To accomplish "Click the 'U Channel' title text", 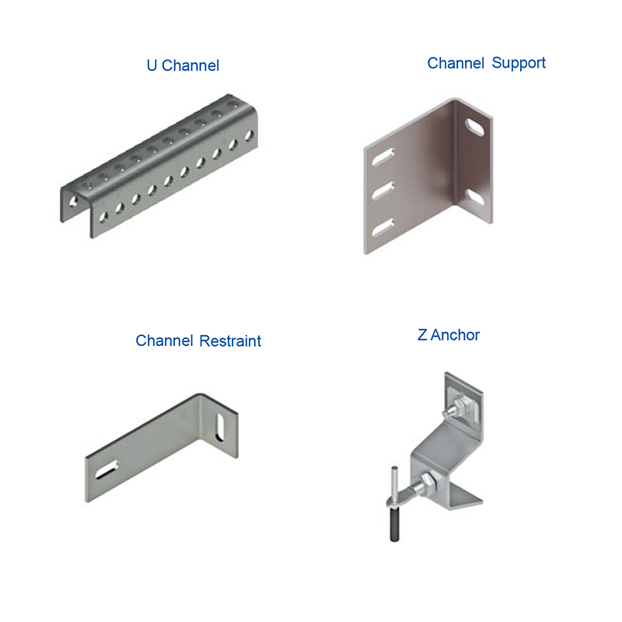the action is coord(183,65).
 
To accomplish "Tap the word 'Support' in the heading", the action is coord(519,63).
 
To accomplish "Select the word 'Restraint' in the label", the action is coord(230,341).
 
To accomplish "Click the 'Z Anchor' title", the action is coord(449,335).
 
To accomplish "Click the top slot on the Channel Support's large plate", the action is coord(383,156).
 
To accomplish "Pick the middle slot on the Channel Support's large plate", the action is coord(383,190).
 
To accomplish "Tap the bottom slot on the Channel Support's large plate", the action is coord(383,227).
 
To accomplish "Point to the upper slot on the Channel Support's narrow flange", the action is coord(474,127).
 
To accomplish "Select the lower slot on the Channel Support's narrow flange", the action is coord(474,197).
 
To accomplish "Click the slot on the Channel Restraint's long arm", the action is coord(107,470).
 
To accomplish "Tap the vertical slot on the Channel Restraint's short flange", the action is coord(219,427).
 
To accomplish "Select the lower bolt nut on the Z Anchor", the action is coord(428,480).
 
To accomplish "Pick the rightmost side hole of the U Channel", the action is coord(249,136).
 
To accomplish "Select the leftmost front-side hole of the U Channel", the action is coord(103,217).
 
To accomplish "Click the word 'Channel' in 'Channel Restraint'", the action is coord(164,341).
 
